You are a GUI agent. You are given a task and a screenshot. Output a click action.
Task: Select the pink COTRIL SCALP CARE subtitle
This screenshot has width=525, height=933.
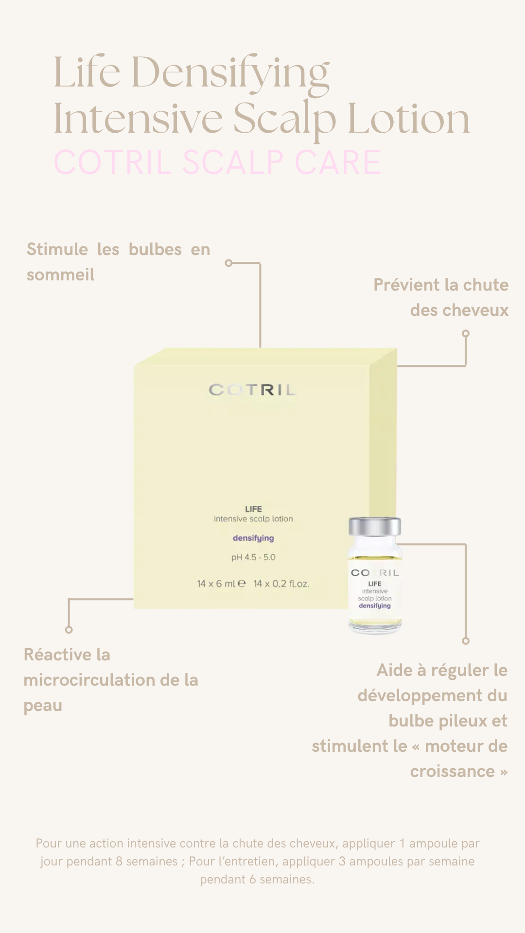[x=217, y=162]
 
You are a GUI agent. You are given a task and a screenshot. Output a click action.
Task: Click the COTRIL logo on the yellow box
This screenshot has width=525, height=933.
[x=252, y=390]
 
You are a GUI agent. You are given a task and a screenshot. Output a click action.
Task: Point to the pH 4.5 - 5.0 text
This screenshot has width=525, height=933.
[x=253, y=557]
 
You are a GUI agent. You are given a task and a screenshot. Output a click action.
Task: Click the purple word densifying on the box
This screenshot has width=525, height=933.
[x=253, y=538]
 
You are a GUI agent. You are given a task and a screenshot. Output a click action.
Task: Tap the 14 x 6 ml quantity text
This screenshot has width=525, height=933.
[x=216, y=584]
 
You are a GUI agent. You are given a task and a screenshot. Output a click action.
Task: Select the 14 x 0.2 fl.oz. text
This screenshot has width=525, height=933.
[x=281, y=584]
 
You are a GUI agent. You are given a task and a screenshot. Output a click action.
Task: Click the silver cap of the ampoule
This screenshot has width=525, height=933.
[x=375, y=527]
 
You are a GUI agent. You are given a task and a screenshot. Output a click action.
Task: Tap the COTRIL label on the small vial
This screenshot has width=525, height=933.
[x=375, y=573]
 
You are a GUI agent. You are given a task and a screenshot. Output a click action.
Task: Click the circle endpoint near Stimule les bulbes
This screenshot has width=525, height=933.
[x=229, y=263]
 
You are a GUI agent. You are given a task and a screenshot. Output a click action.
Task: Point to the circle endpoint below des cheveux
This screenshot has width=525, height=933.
[x=466, y=333]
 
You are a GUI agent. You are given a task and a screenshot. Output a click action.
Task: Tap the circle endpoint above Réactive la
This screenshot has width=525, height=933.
[x=69, y=630]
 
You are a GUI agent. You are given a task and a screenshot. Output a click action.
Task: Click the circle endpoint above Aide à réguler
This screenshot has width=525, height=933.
[x=466, y=640]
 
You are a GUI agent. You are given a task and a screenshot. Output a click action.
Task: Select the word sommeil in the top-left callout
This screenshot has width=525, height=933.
[x=60, y=275]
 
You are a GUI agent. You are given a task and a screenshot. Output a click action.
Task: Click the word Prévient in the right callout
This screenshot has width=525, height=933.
[x=407, y=285]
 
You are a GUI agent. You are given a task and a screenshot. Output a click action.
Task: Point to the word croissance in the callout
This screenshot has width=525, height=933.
[x=452, y=772]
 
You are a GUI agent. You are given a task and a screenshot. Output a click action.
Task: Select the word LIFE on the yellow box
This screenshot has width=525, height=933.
[x=253, y=509]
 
